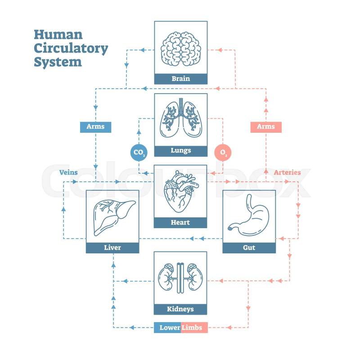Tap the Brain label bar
click(x=180, y=79)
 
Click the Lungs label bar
click(x=180, y=151)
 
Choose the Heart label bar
click(x=180, y=222)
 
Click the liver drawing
click(x=112, y=216)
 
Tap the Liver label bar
click(x=112, y=247)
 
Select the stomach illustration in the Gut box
click(x=249, y=216)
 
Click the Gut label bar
click(x=249, y=247)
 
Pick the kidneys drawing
click(x=180, y=277)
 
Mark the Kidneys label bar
click(x=180, y=309)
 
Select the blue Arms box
click(x=95, y=127)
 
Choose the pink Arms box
click(x=265, y=127)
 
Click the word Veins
click(x=68, y=172)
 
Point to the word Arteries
click(x=287, y=172)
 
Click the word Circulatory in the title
click(x=71, y=49)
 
